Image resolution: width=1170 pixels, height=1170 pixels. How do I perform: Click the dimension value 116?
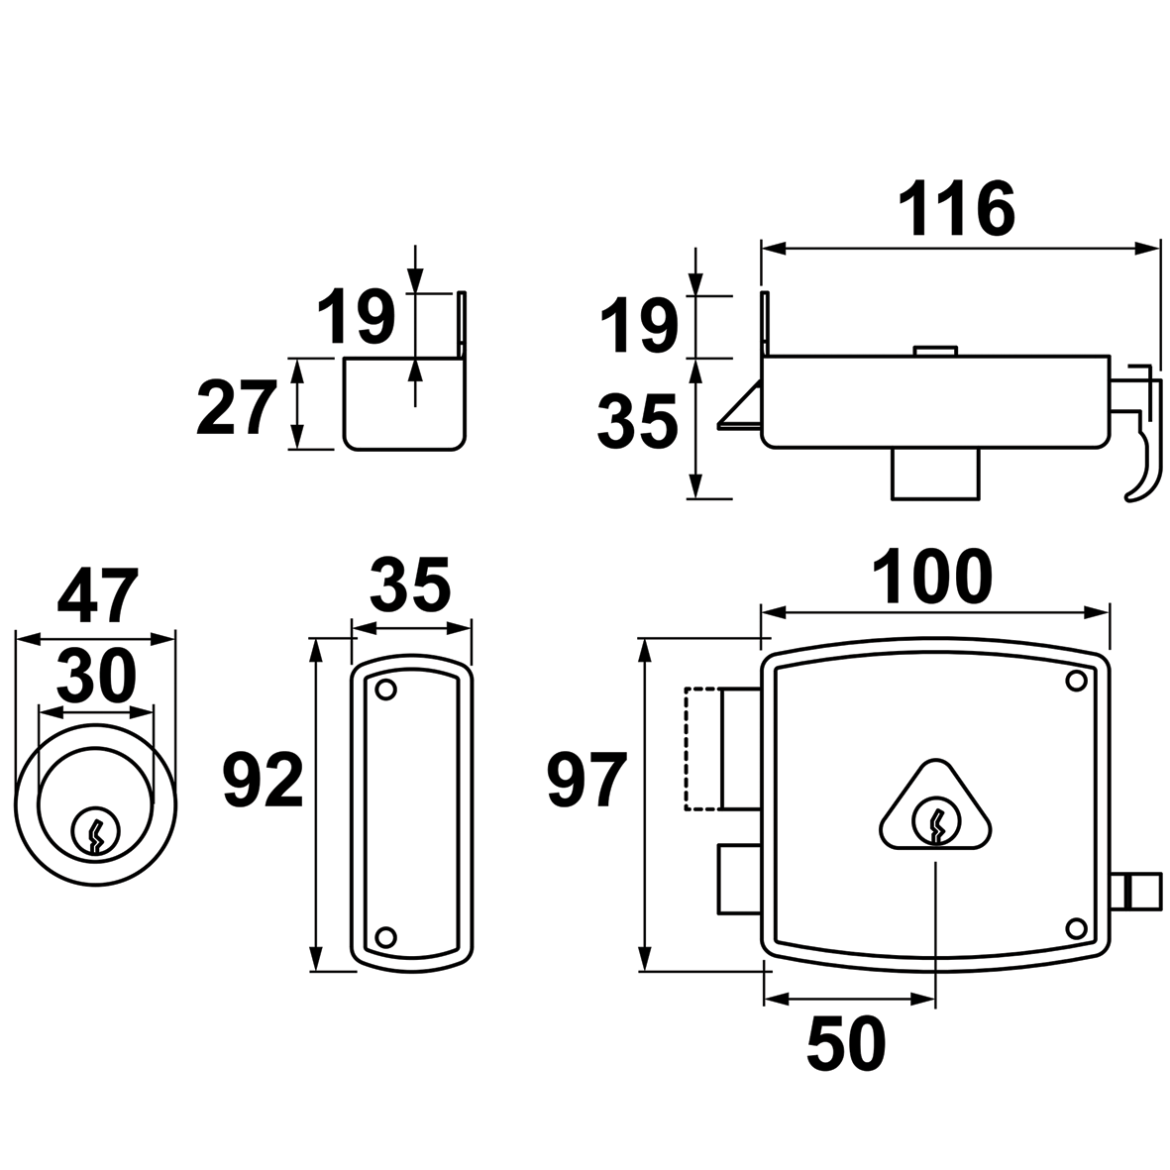957,210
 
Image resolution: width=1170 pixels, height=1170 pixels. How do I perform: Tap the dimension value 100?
931,578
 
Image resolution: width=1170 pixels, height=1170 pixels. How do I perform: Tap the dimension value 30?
95,677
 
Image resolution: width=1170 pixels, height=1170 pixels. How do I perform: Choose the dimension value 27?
235,410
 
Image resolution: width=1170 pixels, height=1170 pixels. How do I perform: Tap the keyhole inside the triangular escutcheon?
935,821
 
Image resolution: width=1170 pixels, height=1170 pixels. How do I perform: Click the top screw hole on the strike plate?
386,689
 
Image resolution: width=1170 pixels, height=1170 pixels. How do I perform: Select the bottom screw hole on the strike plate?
386,936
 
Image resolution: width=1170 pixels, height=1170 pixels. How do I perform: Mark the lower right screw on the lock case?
1075,927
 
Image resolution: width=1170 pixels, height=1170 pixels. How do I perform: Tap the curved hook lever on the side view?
1141,456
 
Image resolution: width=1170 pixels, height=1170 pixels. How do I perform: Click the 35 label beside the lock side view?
638,423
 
